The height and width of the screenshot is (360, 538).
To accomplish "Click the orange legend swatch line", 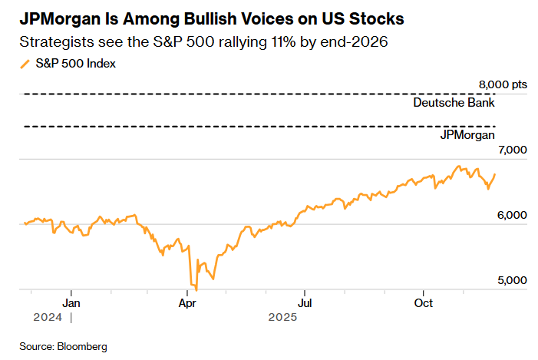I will tap(25, 64).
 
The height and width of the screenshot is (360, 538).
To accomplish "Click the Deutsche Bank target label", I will tap(453, 102).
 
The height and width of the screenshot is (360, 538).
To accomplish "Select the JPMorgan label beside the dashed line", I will tap(467, 135).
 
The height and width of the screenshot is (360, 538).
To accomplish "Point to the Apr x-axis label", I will tap(187, 302).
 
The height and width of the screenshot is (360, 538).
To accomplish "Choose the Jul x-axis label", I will tap(304, 302).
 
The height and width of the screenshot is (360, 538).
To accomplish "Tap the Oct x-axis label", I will tap(422, 302).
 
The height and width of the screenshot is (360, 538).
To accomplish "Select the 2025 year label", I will tap(282, 317).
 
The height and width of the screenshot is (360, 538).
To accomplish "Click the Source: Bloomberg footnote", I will tap(63, 347).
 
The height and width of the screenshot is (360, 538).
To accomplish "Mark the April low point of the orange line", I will tap(196, 289).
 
